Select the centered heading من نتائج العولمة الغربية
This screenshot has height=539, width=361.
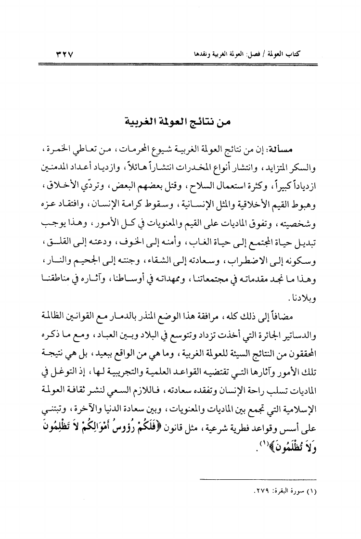180,122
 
